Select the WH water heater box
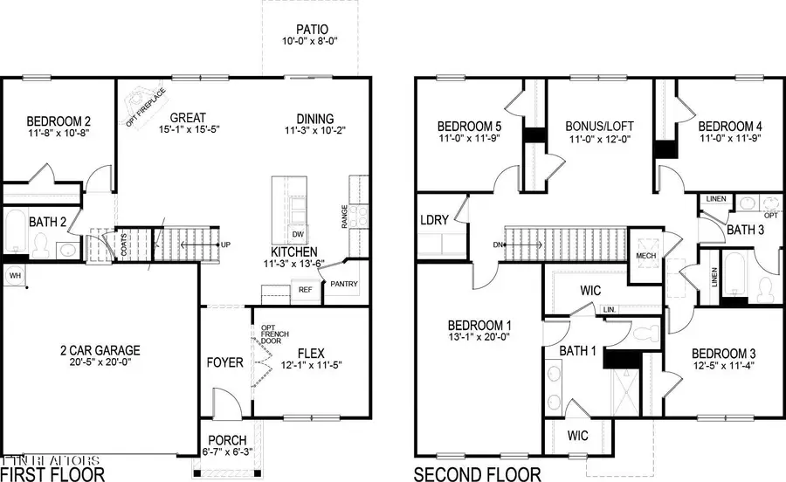click(x=14, y=275)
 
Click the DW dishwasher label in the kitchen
click(x=298, y=234)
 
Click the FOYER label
click(x=224, y=361)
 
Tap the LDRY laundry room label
click(x=434, y=221)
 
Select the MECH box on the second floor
click(x=645, y=256)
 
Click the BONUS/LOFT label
click(x=599, y=127)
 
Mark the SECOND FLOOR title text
click(x=478, y=474)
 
